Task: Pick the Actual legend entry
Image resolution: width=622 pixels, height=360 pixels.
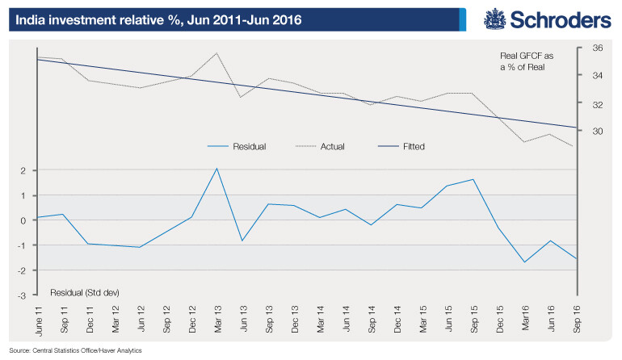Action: (x=338, y=147)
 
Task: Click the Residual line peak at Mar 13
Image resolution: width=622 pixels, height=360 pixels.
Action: (x=217, y=169)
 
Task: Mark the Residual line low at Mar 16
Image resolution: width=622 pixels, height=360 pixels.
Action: (x=525, y=262)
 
